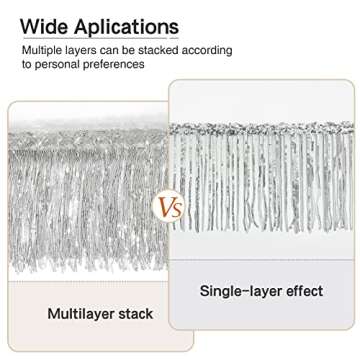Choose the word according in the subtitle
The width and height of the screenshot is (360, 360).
pyautogui.click(x=214, y=49)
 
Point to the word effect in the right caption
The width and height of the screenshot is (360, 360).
pyautogui.click(x=305, y=291)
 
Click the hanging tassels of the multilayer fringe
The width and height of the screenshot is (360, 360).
pyautogui.click(x=80, y=200)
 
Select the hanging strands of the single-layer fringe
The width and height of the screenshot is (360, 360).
pyautogui.click(x=265, y=180)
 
